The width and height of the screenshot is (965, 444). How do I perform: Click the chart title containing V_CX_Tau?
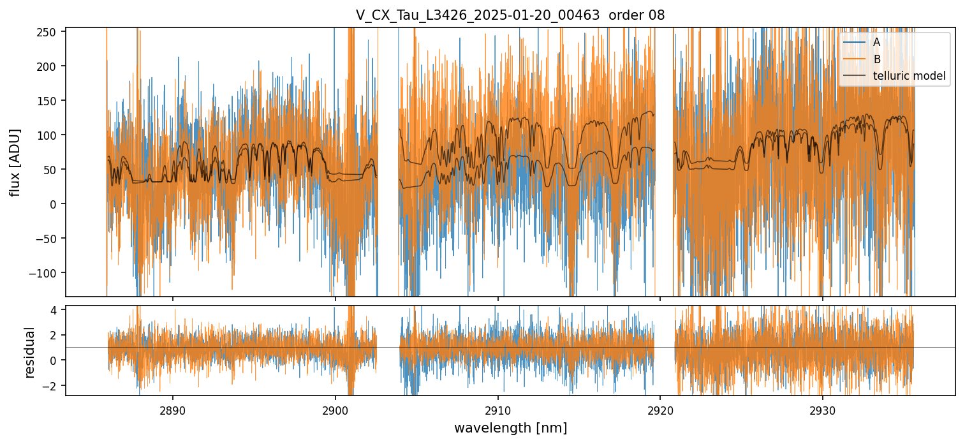pyautogui.click(x=510, y=15)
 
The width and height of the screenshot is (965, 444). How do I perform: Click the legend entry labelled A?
pyautogui.click(x=876, y=43)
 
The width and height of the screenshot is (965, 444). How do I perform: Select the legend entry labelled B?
pyautogui.click(x=876, y=59)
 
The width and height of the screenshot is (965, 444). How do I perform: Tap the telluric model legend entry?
pyautogui.click(x=909, y=77)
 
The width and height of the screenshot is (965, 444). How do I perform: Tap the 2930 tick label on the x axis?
pyautogui.click(x=822, y=408)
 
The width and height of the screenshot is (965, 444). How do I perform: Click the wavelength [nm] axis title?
pyautogui.click(x=510, y=428)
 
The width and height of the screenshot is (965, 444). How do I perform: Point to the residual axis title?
pyautogui.click(x=29, y=352)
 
